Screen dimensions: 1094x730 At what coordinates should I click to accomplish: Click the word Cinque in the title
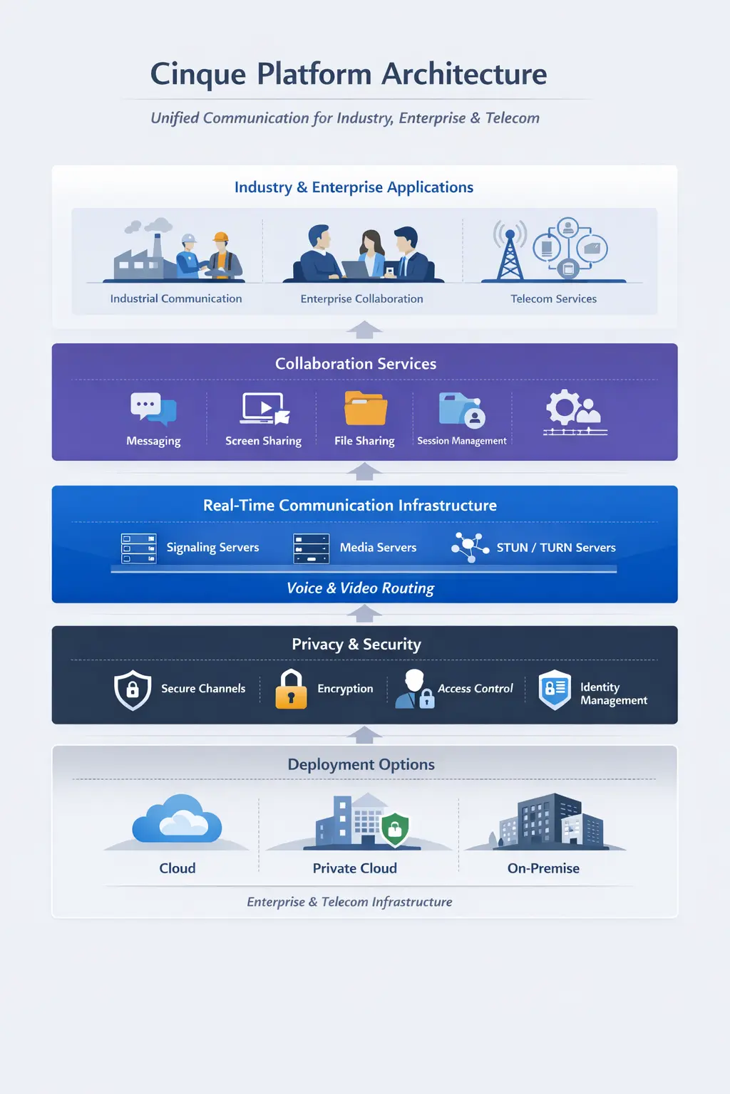(198, 75)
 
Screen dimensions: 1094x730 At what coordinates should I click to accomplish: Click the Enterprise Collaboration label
(361, 299)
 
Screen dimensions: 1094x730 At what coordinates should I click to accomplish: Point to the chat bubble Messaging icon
(153, 409)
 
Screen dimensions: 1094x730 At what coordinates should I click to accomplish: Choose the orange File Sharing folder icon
(365, 409)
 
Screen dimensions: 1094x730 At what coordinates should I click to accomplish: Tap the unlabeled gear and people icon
(574, 412)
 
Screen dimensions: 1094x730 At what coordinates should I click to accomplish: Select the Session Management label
(461, 441)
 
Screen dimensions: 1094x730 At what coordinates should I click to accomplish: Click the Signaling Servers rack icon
(138, 548)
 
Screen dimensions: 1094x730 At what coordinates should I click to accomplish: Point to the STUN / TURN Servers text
(556, 548)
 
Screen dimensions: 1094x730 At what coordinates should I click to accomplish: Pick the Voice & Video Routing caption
(360, 588)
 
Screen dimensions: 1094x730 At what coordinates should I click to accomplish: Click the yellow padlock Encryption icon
(291, 689)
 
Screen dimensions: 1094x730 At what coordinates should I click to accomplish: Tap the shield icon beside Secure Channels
(133, 689)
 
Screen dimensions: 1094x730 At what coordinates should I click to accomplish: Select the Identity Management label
(612, 694)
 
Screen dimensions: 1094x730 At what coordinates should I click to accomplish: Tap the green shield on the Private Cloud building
(394, 828)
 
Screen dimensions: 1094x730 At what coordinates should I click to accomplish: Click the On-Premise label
(543, 868)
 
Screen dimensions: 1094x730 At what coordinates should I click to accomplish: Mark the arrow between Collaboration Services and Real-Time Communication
(364, 472)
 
